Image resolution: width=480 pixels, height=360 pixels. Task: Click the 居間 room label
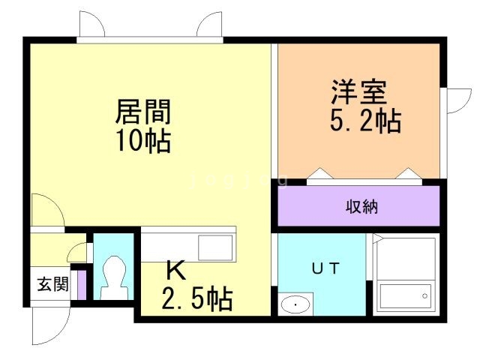point(142,112)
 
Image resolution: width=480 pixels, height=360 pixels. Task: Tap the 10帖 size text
point(142,140)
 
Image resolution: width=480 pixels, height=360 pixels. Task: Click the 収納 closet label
point(359,206)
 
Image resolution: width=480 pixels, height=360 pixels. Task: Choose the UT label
point(326,267)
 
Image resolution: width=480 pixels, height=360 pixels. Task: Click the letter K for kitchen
point(175,268)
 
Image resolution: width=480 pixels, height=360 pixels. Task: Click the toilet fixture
point(113,274)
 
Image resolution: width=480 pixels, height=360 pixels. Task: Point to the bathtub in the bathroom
point(406,296)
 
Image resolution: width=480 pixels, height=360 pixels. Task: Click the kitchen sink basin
point(215,247)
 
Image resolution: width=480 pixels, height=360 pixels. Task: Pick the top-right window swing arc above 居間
point(209,25)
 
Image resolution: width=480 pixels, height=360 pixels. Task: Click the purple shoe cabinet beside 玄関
point(82,284)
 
